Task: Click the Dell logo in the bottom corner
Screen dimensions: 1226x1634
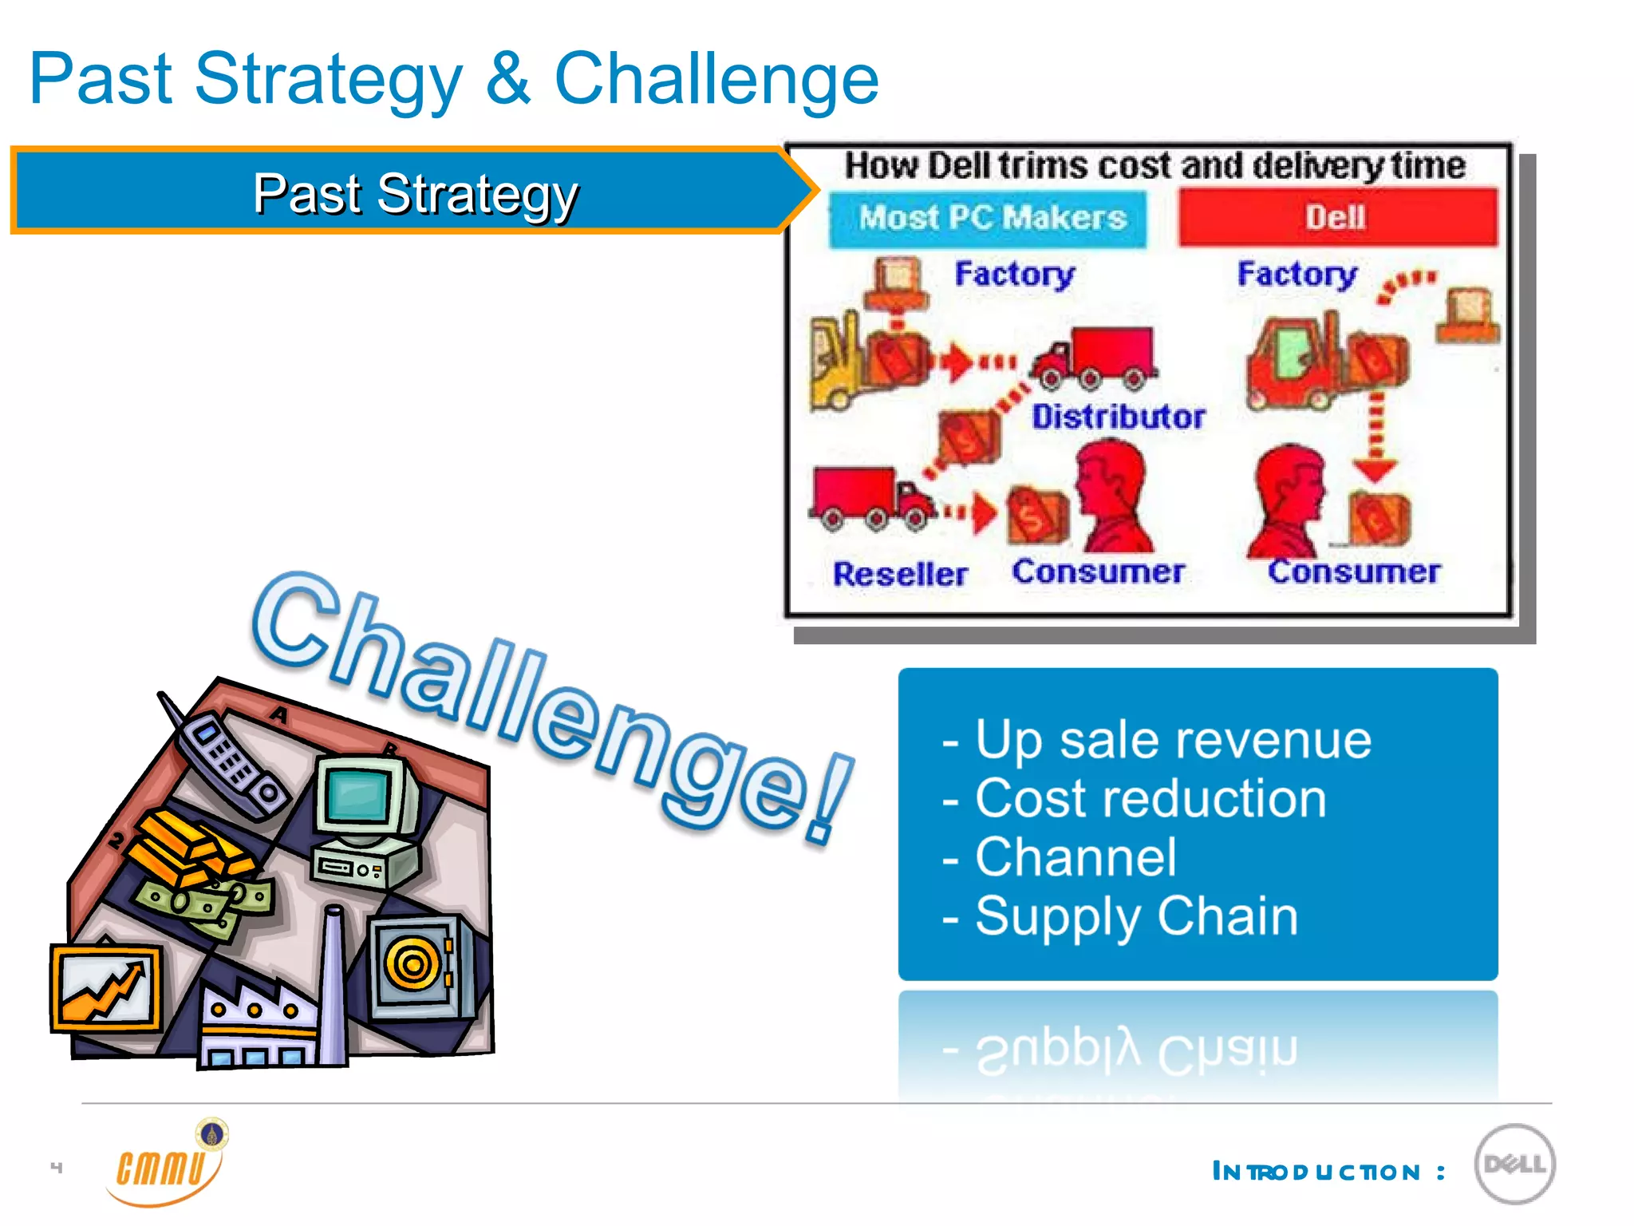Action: pyautogui.click(x=1514, y=1164)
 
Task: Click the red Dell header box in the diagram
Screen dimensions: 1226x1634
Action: pyautogui.click(x=1337, y=217)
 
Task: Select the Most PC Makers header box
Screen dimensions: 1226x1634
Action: pyautogui.click(x=989, y=218)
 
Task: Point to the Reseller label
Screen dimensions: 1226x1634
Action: pyautogui.click(x=900, y=574)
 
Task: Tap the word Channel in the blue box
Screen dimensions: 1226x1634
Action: pyautogui.click(x=1075, y=857)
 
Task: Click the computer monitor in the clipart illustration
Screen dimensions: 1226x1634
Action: pyautogui.click(x=365, y=798)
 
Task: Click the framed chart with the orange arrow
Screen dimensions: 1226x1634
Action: pyautogui.click(x=106, y=988)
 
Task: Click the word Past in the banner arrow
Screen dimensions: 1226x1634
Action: pyautogui.click(x=306, y=194)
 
